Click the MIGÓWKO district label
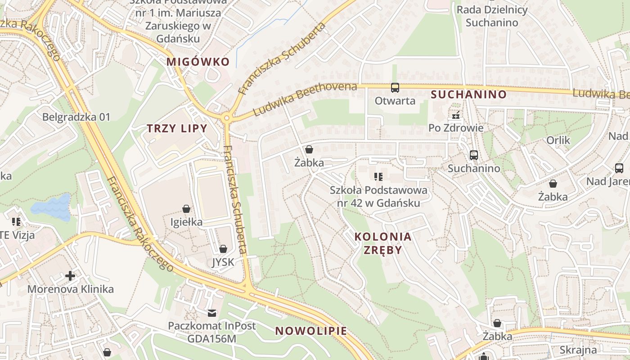[198, 62]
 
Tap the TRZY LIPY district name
[177, 129]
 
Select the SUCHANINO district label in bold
[468, 94]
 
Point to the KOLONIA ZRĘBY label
[382, 243]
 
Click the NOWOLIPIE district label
[311, 331]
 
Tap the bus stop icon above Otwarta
[395, 88]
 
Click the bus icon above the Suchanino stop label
[473, 155]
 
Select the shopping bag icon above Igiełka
[186, 209]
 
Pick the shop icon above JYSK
[223, 249]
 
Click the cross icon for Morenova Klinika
[70, 275]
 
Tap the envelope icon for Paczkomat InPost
[211, 313]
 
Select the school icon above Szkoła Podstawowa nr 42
[378, 176]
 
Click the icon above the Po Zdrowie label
[456, 116]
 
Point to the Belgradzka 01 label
[76, 117]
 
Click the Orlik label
[558, 140]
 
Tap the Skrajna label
[578, 350]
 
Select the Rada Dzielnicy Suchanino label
[492, 16]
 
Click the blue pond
[52, 207]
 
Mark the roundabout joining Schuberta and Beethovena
[226, 118]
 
